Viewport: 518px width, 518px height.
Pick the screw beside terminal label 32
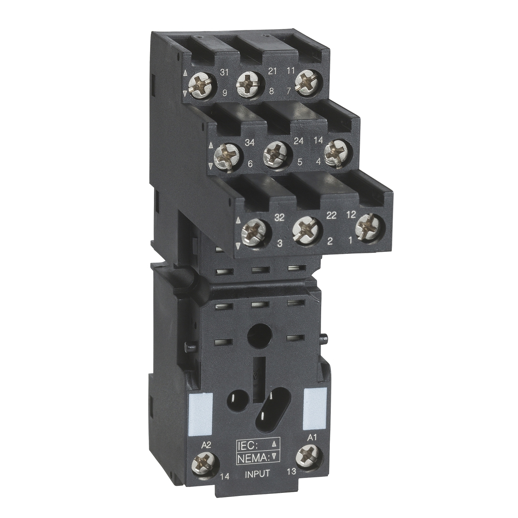(256, 232)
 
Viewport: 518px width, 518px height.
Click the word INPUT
(257, 473)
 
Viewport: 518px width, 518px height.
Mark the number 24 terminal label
(298, 141)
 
